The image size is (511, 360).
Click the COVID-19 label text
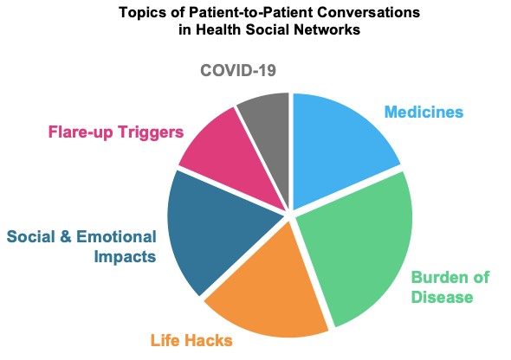[238, 70]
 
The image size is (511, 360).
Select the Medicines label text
[424, 112]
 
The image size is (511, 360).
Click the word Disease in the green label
[442, 297]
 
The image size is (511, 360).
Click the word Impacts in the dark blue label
[125, 257]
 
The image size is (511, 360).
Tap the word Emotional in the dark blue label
[116, 236]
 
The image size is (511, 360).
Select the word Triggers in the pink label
[151, 132]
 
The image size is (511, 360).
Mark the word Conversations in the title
[368, 12]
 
